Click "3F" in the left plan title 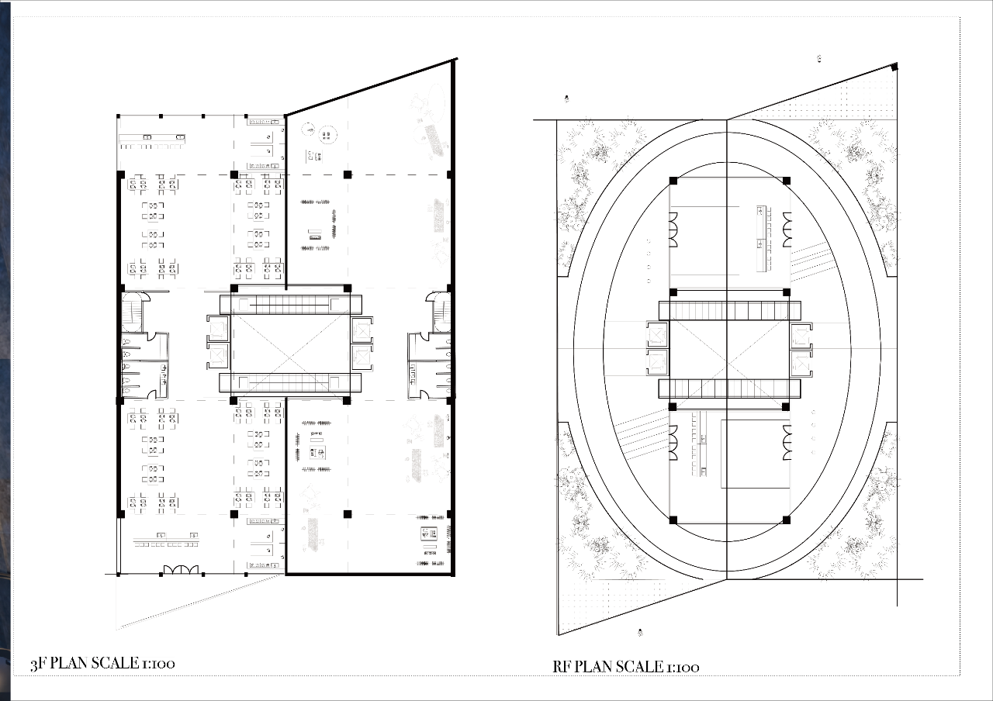[38, 664]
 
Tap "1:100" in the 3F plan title [158, 663]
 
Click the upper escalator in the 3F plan [291, 305]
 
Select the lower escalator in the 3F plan [290, 383]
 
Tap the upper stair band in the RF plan [730, 311]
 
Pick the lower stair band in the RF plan [730, 388]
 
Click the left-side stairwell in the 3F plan [132, 311]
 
